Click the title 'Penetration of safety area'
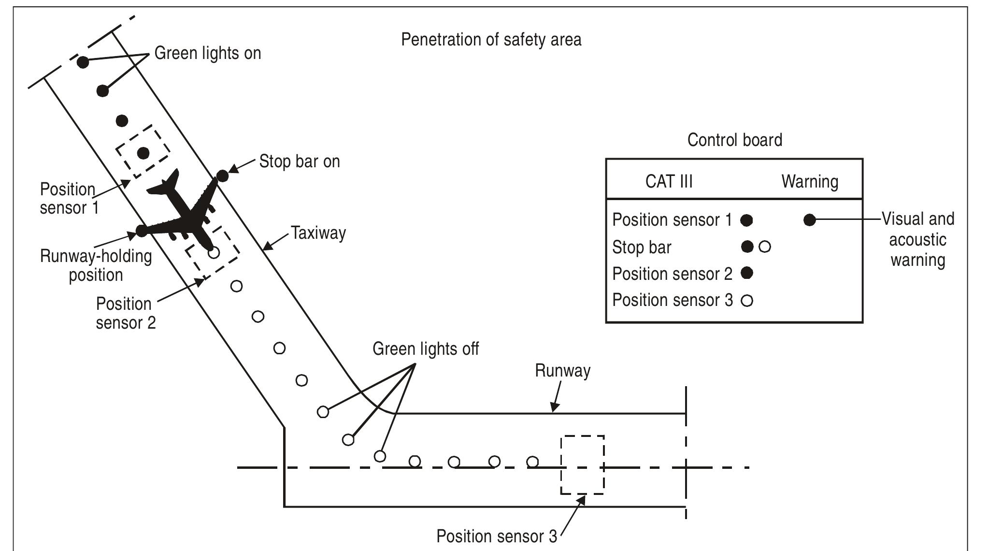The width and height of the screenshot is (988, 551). point(491,40)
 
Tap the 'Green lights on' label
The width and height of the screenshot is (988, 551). point(208,53)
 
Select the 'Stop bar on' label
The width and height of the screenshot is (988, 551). point(300,161)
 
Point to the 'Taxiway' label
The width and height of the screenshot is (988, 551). point(318,233)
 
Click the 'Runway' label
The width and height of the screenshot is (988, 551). point(562,371)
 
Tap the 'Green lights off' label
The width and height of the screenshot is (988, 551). point(426,349)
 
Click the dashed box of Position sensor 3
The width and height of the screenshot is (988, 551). point(582,464)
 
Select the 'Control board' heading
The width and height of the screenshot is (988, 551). point(734,140)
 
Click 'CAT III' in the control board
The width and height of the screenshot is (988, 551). point(669,182)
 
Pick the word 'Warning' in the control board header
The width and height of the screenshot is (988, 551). point(810,182)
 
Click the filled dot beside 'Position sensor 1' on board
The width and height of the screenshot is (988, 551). point(746,220)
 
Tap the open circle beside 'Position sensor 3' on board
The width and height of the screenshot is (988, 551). point(747,301)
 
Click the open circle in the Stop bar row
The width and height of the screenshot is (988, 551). point(765,247)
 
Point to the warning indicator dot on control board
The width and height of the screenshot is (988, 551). point(810,220)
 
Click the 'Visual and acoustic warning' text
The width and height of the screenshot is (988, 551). point(917,240)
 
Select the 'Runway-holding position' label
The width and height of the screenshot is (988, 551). point(96,265)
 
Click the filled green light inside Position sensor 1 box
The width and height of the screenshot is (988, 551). point(143,153)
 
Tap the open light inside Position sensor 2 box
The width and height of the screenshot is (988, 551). point(214,252)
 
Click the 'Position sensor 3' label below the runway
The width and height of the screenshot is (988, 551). point(496,536)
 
